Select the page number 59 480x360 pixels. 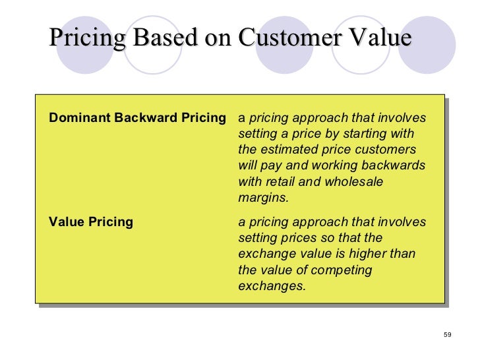pos(447,334)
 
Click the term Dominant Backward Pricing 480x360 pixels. pos(137,119)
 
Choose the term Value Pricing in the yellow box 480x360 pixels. pos(90,222)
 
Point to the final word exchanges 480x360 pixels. pos(272,286)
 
